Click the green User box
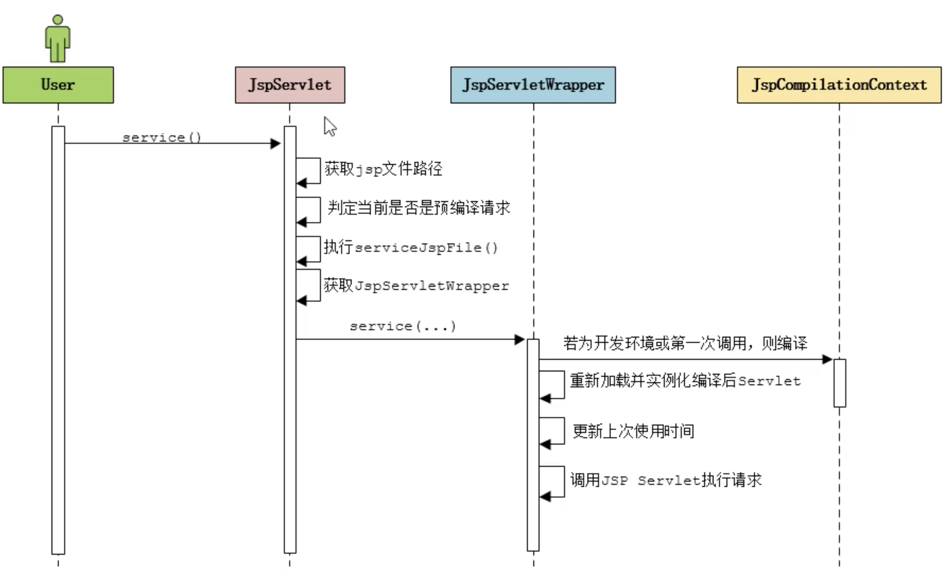58,85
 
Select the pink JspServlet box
290,85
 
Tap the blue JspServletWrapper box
533,85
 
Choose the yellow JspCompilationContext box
839,85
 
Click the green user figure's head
58,20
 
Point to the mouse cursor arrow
329,126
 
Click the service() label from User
162,138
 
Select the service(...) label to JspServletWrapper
403,326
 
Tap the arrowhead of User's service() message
275,143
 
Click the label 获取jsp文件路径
383,169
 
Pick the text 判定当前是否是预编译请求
418,208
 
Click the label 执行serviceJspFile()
410,247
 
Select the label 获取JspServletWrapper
416,286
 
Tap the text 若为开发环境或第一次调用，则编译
685,343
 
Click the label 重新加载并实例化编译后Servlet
685,381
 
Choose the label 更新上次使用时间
633,431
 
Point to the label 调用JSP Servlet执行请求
666,480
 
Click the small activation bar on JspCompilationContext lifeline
840,383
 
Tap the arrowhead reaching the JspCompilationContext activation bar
827,359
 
